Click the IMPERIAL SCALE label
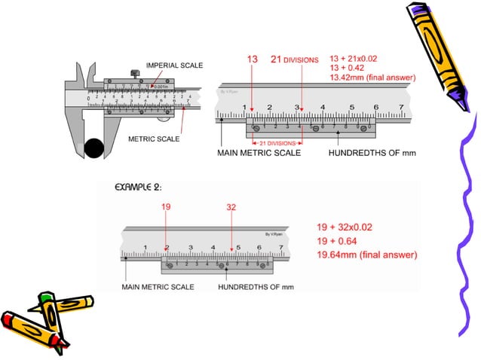pos(174,66)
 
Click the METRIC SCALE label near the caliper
pos(154,139)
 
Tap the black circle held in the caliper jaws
pos(94,148)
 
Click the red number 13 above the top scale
pos(253,59)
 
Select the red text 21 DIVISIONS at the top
pos(295,59)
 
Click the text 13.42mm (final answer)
pos(372,77)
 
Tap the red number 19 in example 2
pos(167,206)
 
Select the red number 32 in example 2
pos(232,206)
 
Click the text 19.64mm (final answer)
pos(366,255)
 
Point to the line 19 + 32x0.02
pos(346,226)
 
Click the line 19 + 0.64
pos(337,240)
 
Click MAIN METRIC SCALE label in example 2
pos(158,287)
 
